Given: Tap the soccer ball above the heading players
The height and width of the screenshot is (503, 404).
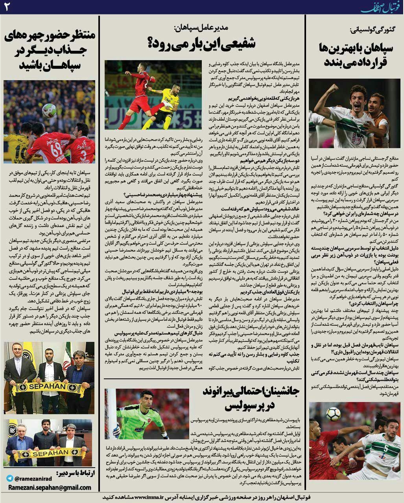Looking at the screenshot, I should click(49, 111).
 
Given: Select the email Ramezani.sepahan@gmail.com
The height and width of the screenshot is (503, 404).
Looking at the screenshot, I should click(49, 488).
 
